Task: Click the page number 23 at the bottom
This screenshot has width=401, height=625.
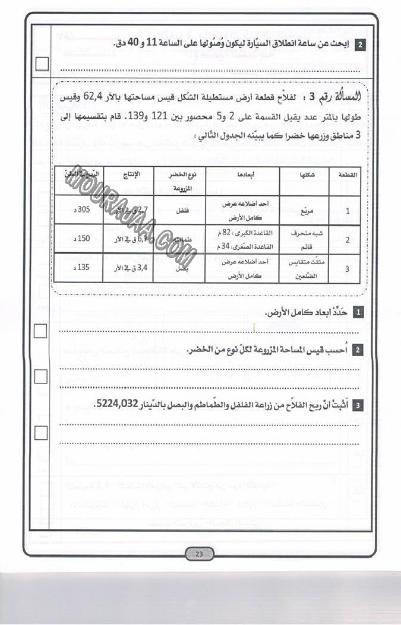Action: click(x=200, y=554)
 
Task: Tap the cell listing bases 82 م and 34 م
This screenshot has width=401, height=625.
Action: click(x=242, y=239)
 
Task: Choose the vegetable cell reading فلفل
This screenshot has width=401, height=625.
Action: click(x=179, y=210)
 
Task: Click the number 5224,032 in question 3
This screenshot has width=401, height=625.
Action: click(x=121, y=404)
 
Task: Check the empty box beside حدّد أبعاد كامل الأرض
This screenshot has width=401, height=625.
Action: click(x=40, y=331)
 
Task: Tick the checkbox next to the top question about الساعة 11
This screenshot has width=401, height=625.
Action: click(x=42, y=64)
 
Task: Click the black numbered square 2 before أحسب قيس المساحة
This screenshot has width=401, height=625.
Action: click(x=358, y=350)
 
